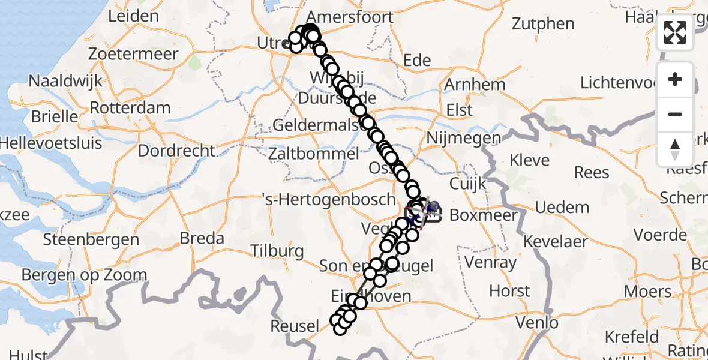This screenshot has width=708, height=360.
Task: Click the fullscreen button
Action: [x=675, y=32]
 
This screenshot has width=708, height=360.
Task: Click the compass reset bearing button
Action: [x=675, y=149]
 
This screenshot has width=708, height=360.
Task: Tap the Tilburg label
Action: [x=277, y=250]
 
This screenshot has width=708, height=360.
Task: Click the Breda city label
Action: [x=202, y=238]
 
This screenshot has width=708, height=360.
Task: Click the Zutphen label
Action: [x=544, y=24]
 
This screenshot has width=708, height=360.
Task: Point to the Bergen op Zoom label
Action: [x=84, y=275]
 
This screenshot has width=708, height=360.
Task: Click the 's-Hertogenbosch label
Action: [x=329, y=199]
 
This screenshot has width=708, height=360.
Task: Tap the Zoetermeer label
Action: [x=133, y=54]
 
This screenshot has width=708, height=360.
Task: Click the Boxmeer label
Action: [x=483, y=215]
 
